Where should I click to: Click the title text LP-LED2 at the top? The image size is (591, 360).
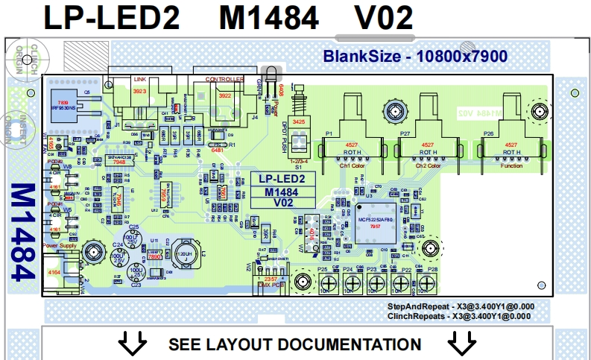111,17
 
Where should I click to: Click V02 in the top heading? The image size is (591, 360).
374,17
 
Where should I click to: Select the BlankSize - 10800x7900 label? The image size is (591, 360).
414,56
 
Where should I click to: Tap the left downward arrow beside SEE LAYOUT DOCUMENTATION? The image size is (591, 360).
134,344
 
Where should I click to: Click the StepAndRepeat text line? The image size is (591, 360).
460,306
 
